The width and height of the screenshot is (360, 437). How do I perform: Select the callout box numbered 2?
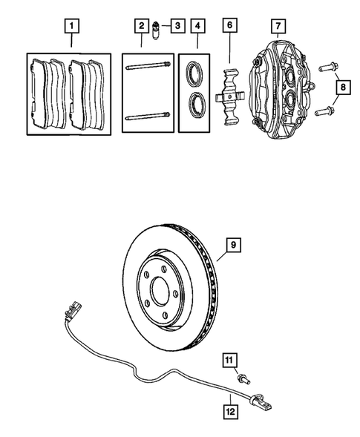(140, 27)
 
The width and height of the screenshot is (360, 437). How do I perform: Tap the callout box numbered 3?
(177, 27)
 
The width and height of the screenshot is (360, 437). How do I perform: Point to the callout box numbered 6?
(230, 27)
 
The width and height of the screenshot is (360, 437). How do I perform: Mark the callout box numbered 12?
(231, 407)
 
